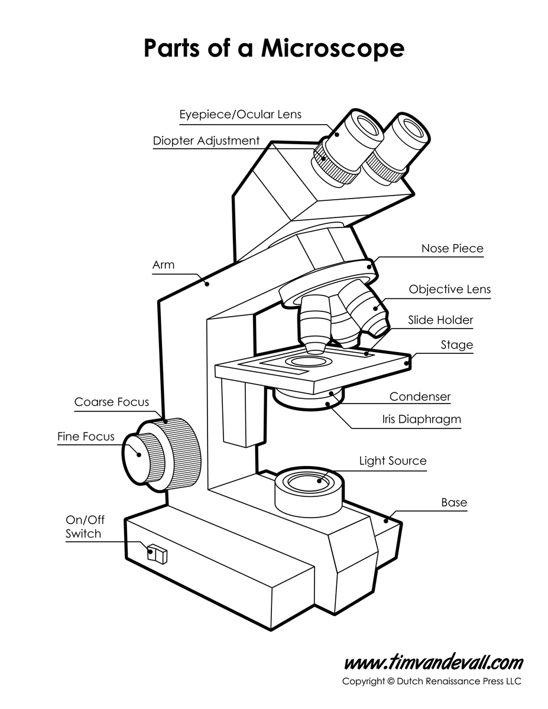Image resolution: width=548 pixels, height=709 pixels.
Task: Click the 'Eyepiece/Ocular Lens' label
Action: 240,114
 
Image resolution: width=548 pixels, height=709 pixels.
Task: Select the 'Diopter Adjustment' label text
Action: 206,141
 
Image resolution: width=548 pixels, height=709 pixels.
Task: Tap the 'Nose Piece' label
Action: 452,248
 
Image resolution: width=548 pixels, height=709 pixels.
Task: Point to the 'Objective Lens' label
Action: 450,290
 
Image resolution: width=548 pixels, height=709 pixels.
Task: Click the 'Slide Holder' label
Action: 440,320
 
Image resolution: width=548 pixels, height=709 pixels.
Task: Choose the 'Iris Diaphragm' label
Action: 421,419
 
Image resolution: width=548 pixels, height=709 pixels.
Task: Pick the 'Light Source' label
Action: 393,460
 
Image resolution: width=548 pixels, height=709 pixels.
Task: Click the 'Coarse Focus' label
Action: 112,402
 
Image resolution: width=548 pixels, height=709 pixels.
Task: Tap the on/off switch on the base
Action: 158,554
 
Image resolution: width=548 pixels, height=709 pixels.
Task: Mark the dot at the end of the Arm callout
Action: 207,285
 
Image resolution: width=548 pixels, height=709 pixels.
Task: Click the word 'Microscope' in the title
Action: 333,48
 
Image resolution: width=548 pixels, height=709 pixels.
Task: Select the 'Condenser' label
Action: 420,396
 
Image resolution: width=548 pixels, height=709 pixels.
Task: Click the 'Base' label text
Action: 454,503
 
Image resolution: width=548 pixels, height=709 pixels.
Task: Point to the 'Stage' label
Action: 457,344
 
